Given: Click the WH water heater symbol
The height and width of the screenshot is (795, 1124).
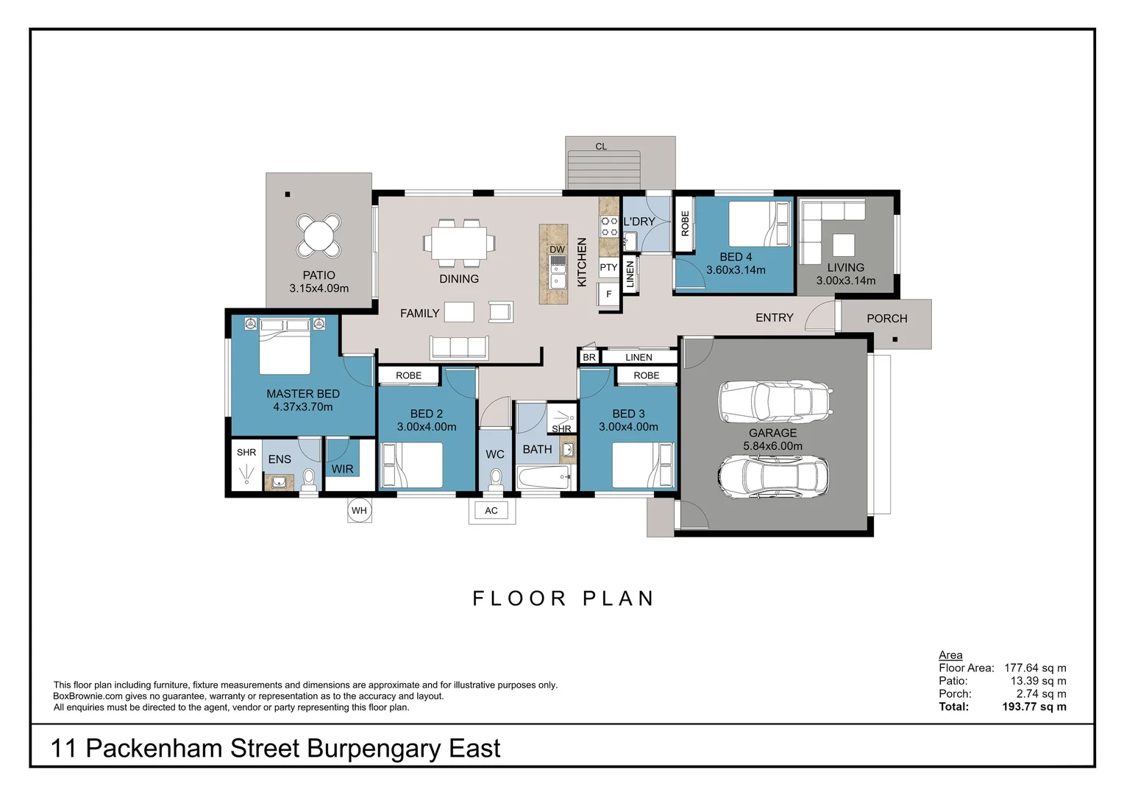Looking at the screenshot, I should click(359, 511).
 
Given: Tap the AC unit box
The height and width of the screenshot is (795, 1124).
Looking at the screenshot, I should click(491, 511).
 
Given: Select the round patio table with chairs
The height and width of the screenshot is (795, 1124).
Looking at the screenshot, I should click(319, 236).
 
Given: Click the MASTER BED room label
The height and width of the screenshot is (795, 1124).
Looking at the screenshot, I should click(302, 394).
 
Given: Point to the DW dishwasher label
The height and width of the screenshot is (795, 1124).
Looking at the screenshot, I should click(557, 250).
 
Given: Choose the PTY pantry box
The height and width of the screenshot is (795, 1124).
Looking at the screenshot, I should click(608, 268).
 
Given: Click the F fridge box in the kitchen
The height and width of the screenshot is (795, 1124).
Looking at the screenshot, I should click(608, 294).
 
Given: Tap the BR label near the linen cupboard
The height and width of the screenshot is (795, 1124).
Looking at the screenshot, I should click(588, 358).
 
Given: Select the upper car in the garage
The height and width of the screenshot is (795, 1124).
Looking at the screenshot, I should click(775, 402).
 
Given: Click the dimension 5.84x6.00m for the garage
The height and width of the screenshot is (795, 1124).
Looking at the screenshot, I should click(772, 446).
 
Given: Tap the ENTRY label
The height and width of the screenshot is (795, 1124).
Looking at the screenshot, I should click(774, 318).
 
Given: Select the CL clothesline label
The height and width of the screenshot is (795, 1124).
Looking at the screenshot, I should click(601, 146).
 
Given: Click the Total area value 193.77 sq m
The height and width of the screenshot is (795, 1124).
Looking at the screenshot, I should click(1034, 707).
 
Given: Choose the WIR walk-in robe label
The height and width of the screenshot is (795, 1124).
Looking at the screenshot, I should click(342, 469).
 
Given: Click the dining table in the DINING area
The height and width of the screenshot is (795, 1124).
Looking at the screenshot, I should click(459, 242).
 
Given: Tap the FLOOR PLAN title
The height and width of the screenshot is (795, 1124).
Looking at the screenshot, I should click(563, 598).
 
